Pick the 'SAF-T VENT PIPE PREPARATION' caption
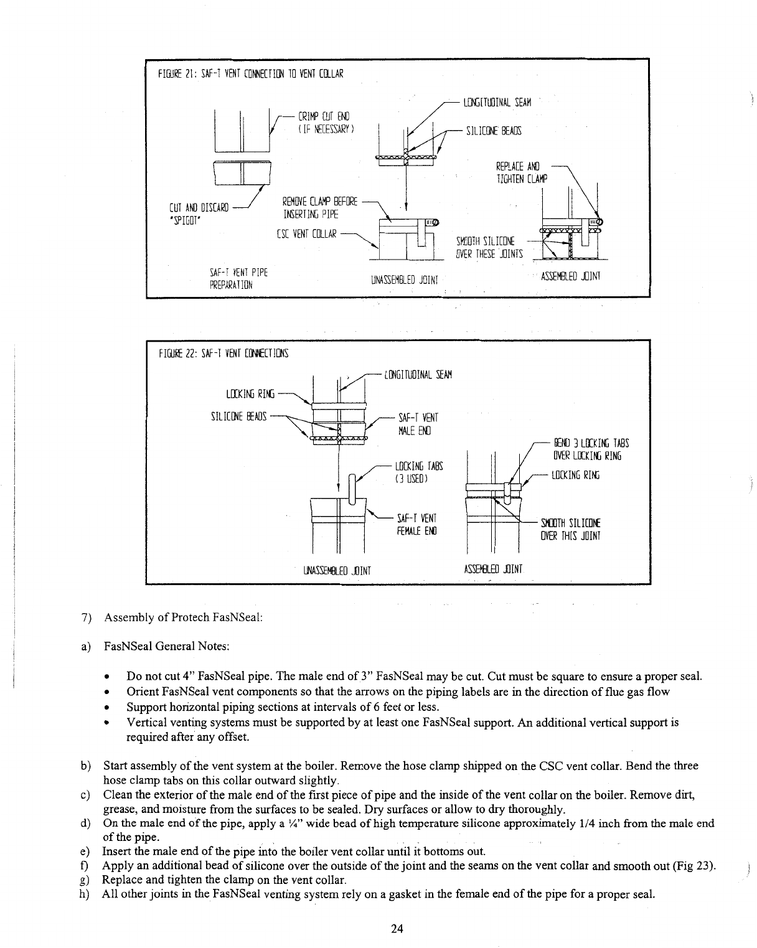(239, 279)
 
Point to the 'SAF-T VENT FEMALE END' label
(417, 525)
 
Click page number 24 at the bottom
(397, 929)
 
